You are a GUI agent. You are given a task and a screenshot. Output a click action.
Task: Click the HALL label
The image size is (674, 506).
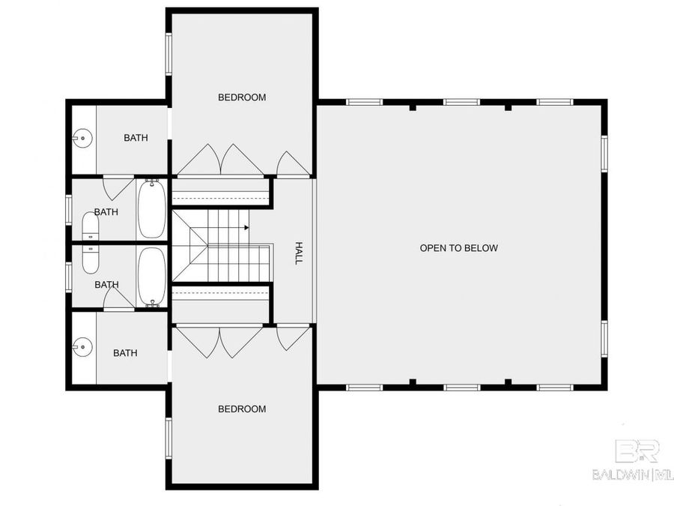pyautogui.click(x=298, y=253)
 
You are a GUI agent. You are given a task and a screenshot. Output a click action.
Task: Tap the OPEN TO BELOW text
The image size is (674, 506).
pyautogui.click(x=458, y=248)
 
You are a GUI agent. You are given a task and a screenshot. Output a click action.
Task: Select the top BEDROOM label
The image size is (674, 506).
pyautogui.click(x=242, y=97)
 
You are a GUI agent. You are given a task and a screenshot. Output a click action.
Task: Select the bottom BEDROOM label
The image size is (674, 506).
pyautogui.click(x=242, y=409)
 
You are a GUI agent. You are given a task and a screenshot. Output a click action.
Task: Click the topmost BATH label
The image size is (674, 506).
pyautogui.click(x=136, y=138)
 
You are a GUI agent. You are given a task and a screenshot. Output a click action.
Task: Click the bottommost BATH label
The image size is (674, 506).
pyautogui.click(x=125, y=353)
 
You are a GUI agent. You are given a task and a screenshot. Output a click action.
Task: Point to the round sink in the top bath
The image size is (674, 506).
pyautogui.click(x=82, y=138)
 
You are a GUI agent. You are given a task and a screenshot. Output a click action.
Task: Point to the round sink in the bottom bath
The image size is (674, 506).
pyautogui.click(x=82, y=346)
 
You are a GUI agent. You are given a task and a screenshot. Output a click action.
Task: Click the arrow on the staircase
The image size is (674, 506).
pyautogui.click(x=246, y=228)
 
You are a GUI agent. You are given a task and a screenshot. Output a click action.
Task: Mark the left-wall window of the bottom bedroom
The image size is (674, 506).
pyautogui.click(x=168, y=439)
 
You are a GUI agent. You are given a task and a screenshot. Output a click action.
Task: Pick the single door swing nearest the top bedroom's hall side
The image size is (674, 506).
pyautogui.click(x=292, y=163)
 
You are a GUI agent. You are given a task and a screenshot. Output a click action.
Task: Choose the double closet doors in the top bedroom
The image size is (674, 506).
pyautogui.click(x=220, y=160)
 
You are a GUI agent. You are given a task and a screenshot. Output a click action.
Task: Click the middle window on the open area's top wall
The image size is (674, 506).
pyautogui.click(x=461, y=102)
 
